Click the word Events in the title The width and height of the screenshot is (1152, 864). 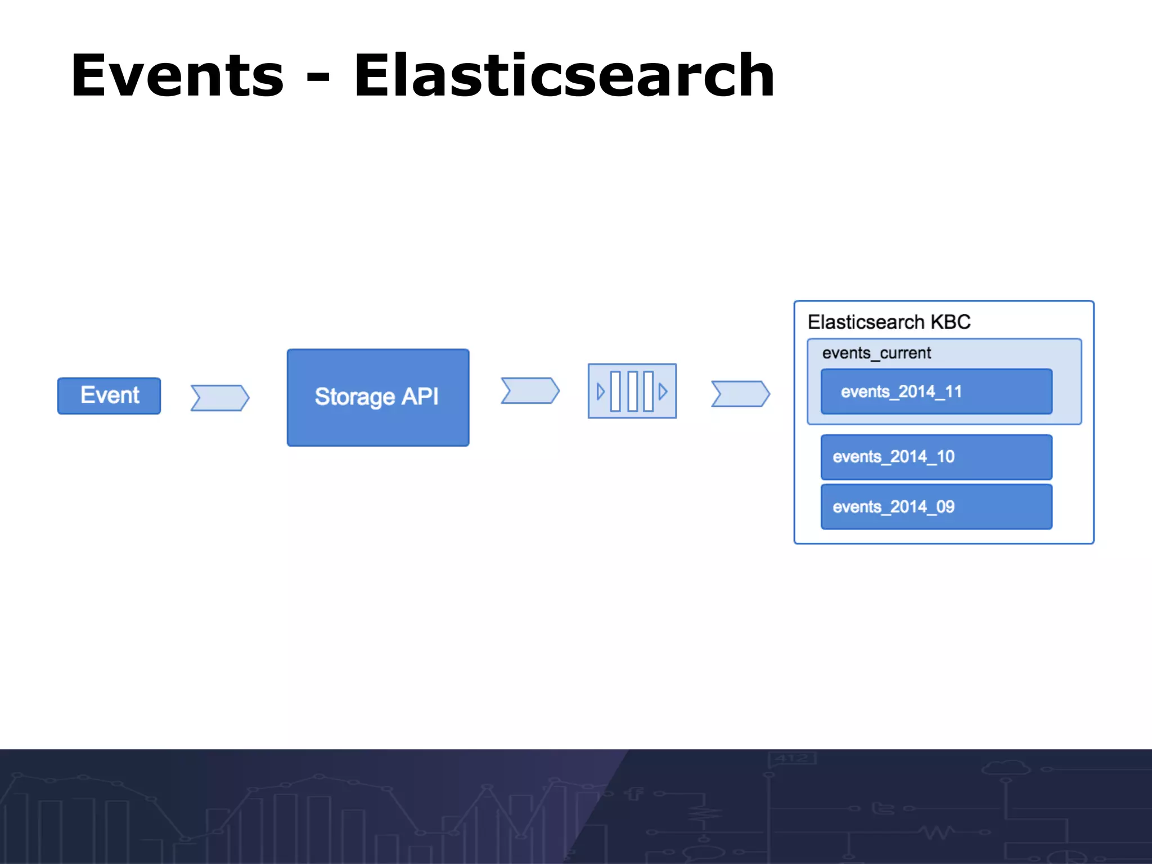coord(177,76)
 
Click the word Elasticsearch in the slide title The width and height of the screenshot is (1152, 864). coord(564,76)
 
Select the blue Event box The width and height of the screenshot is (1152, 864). coord(109,395)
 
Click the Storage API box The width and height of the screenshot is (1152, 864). coord(377,397)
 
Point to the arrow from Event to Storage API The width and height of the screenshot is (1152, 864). coord(219,398)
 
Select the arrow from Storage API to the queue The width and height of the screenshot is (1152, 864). coord(530,390)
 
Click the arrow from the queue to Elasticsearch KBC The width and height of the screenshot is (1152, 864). coord(740,393)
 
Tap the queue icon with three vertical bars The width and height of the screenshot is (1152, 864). coord(632,391)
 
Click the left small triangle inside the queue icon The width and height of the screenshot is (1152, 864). coord(600,391)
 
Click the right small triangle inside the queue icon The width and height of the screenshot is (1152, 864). coord(663,391)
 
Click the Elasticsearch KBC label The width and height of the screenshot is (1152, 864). coord(889,322)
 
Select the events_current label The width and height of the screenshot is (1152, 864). coord(876,353)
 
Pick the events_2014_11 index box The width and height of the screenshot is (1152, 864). coord(936,391)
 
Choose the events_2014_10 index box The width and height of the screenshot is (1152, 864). coord(936,457)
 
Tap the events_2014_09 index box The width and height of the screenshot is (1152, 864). coord(936,507)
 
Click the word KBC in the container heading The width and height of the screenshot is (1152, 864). coord(951,322)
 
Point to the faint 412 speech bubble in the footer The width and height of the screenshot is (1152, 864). coord(791,758)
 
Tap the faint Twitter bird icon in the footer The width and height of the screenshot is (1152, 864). coord(883,808)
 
